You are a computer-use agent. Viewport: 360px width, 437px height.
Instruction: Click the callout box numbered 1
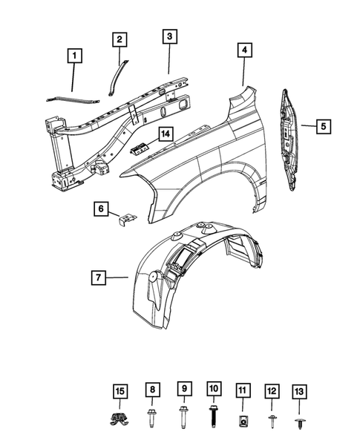(x=74, y=55)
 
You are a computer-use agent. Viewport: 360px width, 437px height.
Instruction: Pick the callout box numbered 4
(x=244, y=50)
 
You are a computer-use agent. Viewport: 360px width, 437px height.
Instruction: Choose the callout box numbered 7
(x=98, y=278)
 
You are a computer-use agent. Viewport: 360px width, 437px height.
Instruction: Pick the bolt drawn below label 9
(x=182, y=417)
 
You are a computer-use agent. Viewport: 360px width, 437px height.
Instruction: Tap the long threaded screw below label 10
(x=212, y=418)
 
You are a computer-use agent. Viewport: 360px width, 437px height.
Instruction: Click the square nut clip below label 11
(x=243, y=421)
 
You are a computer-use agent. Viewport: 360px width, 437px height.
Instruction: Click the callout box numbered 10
(x=212, y=389)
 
